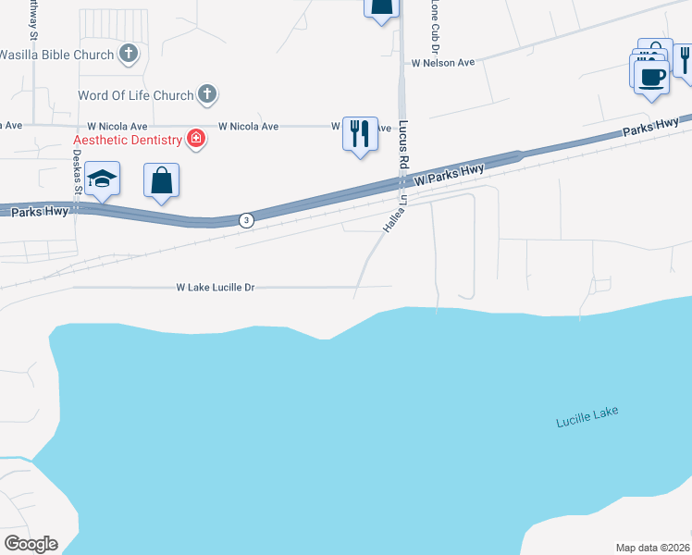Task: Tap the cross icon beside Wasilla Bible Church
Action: [129, 55]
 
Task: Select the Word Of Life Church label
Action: [136, 95]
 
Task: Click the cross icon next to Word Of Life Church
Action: [208, 94]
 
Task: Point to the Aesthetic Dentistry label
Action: [129, 140]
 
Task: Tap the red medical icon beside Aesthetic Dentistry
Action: [195, 140]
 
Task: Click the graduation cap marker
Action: [103, 179]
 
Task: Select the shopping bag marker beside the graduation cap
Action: [162, 181]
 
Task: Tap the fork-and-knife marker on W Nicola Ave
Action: [359, 133]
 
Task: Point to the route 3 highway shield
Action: [245, 220]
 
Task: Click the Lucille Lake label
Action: [587, 417]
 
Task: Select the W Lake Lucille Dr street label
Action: [215, 288]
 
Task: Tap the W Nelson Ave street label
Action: [443, 63]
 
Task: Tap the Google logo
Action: [31, 544]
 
